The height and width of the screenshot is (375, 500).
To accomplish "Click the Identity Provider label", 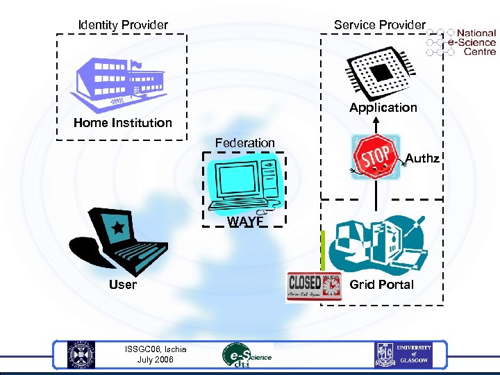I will pyautogui.click(x=123, y=25).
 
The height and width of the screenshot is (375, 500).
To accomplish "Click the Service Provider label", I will pyautogui.click(x=379, y=25).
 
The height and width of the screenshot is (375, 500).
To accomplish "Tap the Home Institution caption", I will pyautogui.click(x=123, y=123).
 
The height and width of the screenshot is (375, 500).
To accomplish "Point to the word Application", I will pyautogui.click(x=383, y=108).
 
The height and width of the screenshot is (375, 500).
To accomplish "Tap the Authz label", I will pyautogui.click(x=422, y=159).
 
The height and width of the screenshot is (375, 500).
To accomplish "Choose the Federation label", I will pyautogui.click(x=244, y=143).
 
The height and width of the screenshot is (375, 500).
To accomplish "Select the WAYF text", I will pyautogui.click(x=245, y=222).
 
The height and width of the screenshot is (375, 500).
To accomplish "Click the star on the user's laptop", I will pyautogui.click(x=118, y=227).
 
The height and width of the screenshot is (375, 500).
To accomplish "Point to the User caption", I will pyautogui.click(x=123, y=284).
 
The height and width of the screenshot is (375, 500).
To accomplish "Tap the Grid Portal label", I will pyautogui.click(x=381, y=284).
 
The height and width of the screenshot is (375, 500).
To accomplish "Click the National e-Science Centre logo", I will pyautogui.click(x=462, y=42).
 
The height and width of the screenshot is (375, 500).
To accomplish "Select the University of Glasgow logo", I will pyautogui.click(x=403, y=355).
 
